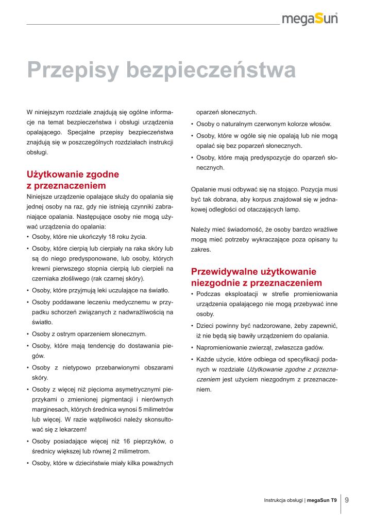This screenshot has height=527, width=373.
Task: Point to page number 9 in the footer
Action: tap(347, 499)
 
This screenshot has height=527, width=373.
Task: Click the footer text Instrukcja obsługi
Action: tap(283, 500)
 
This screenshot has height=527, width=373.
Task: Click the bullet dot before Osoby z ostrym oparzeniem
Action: tap(28, 334)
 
